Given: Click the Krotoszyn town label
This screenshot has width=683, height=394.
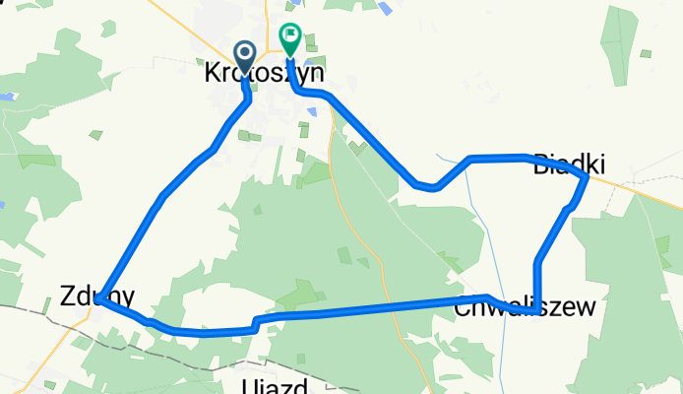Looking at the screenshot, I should [x=264, y=74].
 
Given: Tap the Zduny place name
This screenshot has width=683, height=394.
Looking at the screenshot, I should [x=95, y=295].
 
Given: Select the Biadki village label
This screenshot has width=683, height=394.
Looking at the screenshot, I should [x=568, y=164].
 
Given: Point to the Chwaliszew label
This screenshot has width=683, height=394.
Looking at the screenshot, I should [x=525, y=307].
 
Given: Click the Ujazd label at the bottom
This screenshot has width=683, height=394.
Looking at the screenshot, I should [x=276, y=385].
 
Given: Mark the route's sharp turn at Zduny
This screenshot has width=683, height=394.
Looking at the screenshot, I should [x=99, y=301].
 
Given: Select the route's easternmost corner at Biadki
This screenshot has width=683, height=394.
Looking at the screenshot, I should [x=587, y=178].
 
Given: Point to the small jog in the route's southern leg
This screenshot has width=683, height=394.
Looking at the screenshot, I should [x=255, y=323].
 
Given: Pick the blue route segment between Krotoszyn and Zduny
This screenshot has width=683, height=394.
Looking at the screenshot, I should [x=162, y=197].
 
